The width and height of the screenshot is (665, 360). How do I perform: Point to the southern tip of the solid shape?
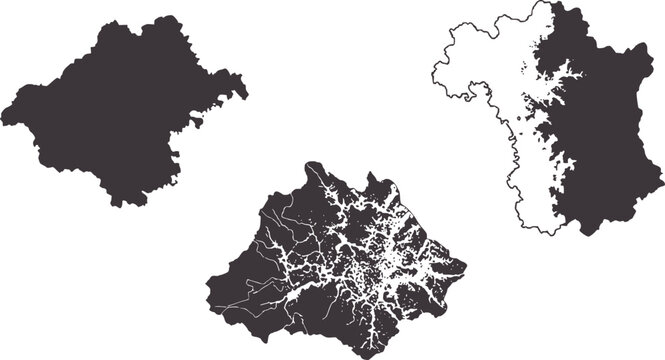coord(124,205)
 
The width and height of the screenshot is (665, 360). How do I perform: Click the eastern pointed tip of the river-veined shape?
coord(465,268)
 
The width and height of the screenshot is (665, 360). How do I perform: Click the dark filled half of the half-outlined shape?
coord(610,140)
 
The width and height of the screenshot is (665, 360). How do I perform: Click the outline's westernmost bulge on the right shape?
coord(432,75)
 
